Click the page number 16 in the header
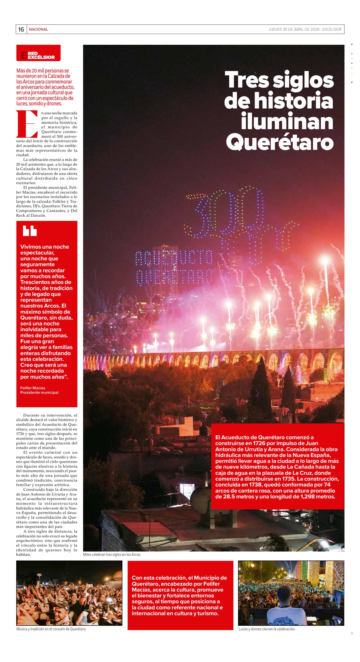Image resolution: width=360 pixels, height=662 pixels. click(21, 29)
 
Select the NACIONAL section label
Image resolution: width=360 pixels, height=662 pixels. click(38, 29)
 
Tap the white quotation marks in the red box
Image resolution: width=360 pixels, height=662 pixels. click(29, 231)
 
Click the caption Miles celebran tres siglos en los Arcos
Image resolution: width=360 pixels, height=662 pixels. click(112, 554)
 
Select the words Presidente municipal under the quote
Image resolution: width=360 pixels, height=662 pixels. click(39, 392)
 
